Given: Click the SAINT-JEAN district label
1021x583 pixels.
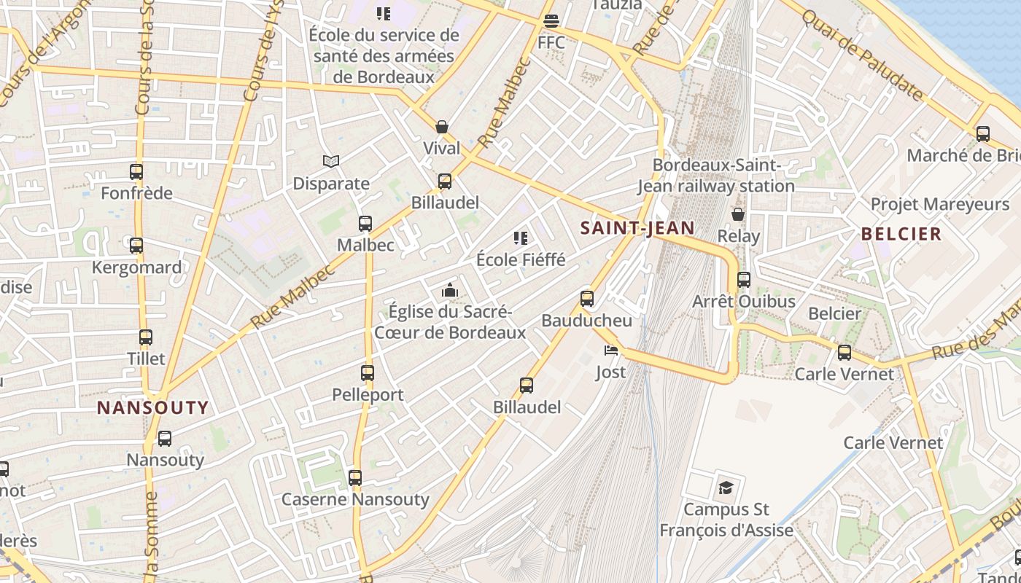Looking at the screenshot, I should coord(637,228).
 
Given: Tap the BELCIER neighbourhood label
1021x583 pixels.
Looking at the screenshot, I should coord(901,234).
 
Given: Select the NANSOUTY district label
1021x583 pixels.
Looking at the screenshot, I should coord(153,407).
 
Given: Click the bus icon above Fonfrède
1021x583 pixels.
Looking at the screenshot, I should coord(136,172).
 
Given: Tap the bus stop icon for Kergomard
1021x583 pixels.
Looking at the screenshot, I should coord(136,246).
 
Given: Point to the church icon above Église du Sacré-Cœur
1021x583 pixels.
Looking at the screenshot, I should coord(449,291).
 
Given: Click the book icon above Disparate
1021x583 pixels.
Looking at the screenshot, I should coord(331,161).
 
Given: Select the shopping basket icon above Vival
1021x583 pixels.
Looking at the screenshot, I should coord(442,127).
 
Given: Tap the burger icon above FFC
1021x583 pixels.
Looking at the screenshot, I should coord(551,20).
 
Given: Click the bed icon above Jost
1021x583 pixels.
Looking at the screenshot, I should coord(611,351).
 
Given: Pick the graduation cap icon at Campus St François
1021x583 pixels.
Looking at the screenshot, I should coord(726,487).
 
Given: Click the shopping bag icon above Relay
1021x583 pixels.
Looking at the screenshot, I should coord(738,214).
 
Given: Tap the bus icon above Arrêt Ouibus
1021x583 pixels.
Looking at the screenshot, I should coord(744,279).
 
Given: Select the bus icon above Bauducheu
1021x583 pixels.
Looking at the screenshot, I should coord(587,298).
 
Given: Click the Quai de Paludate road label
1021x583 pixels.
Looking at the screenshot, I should coord(862,54).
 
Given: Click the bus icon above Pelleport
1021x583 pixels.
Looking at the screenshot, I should coord(368,373).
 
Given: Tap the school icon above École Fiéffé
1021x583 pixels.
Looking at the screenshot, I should coord(521,238).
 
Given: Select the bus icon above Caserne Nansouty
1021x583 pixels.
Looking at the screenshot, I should coord(355,478).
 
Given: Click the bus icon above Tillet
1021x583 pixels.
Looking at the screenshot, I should coord(146,337).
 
